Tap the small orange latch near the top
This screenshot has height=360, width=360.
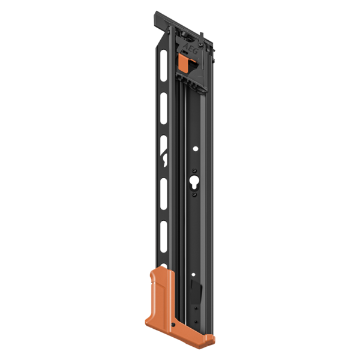(185, 60)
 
